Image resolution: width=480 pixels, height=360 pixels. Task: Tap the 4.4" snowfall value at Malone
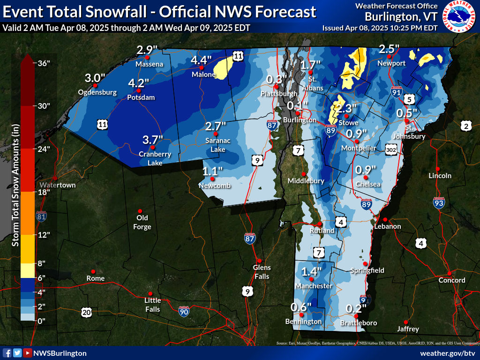point(202,60)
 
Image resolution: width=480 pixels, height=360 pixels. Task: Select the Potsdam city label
point(141,98)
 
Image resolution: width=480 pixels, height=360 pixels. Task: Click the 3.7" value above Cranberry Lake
point(153,140)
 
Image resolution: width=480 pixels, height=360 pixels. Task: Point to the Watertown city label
point(58,185)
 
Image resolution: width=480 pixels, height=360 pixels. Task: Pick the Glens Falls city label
point(262,272)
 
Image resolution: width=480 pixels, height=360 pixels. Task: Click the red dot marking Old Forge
point(140,210)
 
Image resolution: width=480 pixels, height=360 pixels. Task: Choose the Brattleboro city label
point(358,323)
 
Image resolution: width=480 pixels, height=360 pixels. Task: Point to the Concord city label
point(451,280)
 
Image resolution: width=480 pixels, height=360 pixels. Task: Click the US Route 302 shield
point(392,149)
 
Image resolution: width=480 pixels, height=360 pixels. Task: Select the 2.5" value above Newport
point(389,49)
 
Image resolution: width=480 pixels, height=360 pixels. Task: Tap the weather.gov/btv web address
point(447,353)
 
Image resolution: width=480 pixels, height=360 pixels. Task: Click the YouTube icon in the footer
point(28,353)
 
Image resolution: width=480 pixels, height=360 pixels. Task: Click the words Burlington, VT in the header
point(402,17)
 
